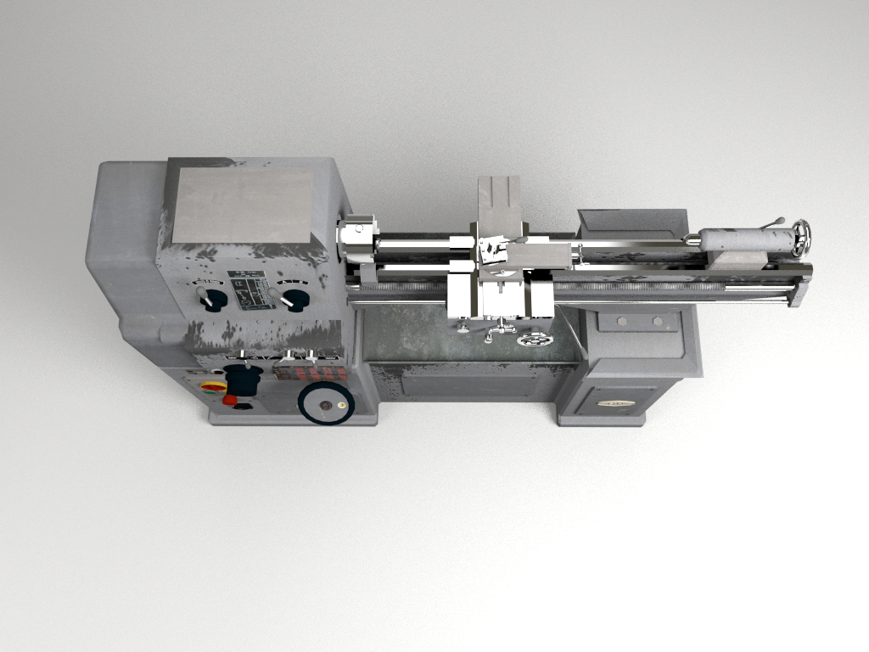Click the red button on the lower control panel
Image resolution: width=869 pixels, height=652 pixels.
[x=230, y=400]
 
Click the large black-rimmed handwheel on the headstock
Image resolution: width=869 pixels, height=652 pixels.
[x=325, y=403]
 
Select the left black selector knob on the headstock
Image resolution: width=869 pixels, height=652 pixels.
[x=212, y=300]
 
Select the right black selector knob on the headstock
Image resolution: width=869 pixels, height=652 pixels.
[x=294, y=299]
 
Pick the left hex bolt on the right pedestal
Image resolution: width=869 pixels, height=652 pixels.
[x=621, y=321]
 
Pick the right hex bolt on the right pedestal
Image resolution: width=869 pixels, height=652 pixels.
[x=655, y=321]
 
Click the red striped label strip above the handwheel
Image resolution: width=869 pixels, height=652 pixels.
[x=309, y=373]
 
